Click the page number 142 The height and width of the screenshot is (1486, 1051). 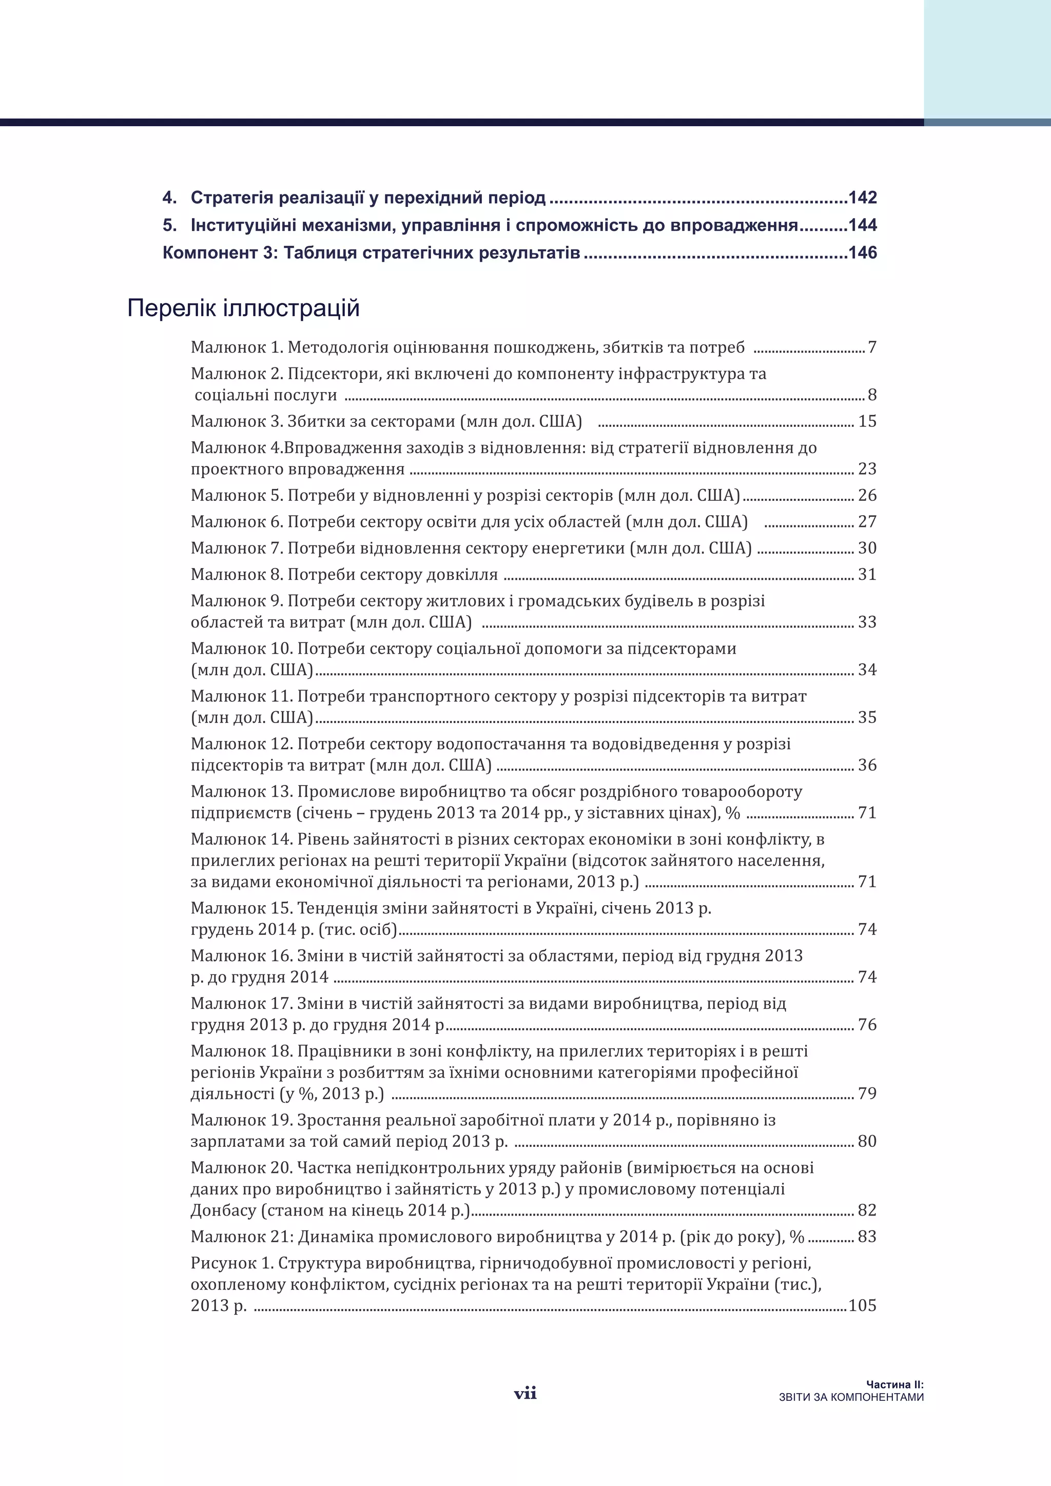862,198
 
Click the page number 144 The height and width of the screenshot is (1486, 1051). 862,225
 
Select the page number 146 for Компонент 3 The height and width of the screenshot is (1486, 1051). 862,252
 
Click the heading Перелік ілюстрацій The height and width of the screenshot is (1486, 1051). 243,308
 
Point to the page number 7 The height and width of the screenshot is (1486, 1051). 872,347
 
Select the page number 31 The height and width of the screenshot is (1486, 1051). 867,575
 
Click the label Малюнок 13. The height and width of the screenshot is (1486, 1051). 241,792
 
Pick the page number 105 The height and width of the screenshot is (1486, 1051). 862,1305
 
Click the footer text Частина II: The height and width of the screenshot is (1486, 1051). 894,1384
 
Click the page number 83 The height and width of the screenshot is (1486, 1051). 867,1237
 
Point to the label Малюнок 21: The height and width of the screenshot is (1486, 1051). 243,1237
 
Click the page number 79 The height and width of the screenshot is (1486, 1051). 867,1094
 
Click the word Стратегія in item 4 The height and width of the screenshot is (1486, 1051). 228,198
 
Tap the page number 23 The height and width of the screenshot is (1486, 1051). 867,468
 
